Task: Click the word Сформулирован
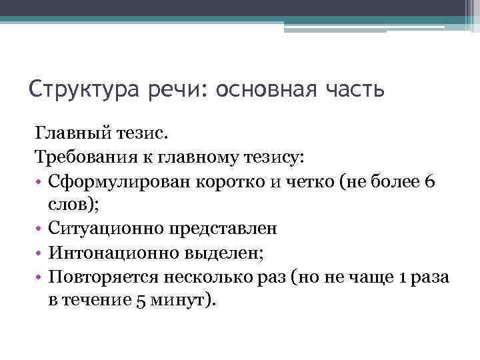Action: (119, 182)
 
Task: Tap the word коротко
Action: (231, 182)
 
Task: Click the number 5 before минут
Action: (140, 299)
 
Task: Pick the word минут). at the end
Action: (184, 299)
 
